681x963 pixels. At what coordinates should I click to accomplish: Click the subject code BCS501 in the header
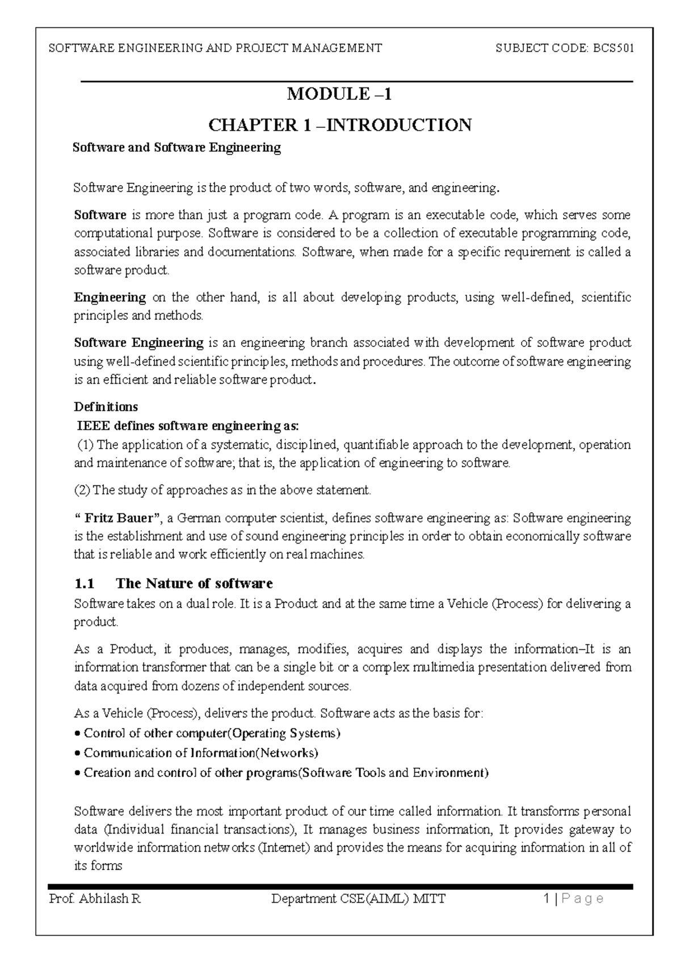tap(613, 48)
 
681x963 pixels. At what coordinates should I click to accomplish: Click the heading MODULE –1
tap(339, 94)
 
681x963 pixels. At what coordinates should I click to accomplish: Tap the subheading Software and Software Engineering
tap(177, 148)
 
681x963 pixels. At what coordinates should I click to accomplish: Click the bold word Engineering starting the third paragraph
tap(110, 297)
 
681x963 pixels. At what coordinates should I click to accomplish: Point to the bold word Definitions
tap(106, 407)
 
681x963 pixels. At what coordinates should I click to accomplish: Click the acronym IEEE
tap(93, 425)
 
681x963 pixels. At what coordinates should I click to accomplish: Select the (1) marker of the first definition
tap(86, 445)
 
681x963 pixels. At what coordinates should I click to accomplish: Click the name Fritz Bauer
tap(119, 518)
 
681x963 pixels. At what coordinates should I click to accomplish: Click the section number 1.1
tap(85, 584)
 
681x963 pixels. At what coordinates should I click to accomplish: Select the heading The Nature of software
tap(194, 584)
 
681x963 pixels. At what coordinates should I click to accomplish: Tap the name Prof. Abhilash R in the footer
tap(95, 899)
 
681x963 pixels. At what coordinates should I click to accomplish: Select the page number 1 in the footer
tap(546, 899)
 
